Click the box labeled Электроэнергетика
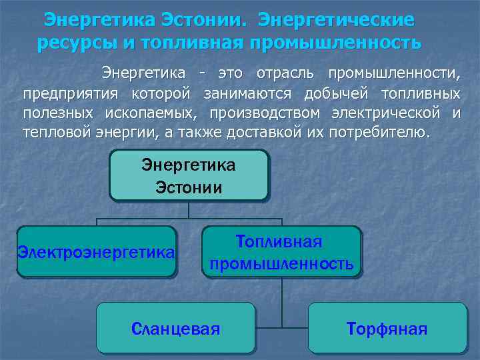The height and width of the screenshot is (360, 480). click(97, 252)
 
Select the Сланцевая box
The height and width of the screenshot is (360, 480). click(176, 328)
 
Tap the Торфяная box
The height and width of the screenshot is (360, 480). click(387, 328)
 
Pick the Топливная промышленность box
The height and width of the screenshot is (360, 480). click(281, 252)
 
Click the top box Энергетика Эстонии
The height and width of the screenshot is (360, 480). click(189, 175)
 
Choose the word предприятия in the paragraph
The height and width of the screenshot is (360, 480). click(70, 92)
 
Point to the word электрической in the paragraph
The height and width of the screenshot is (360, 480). click(383, 112)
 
